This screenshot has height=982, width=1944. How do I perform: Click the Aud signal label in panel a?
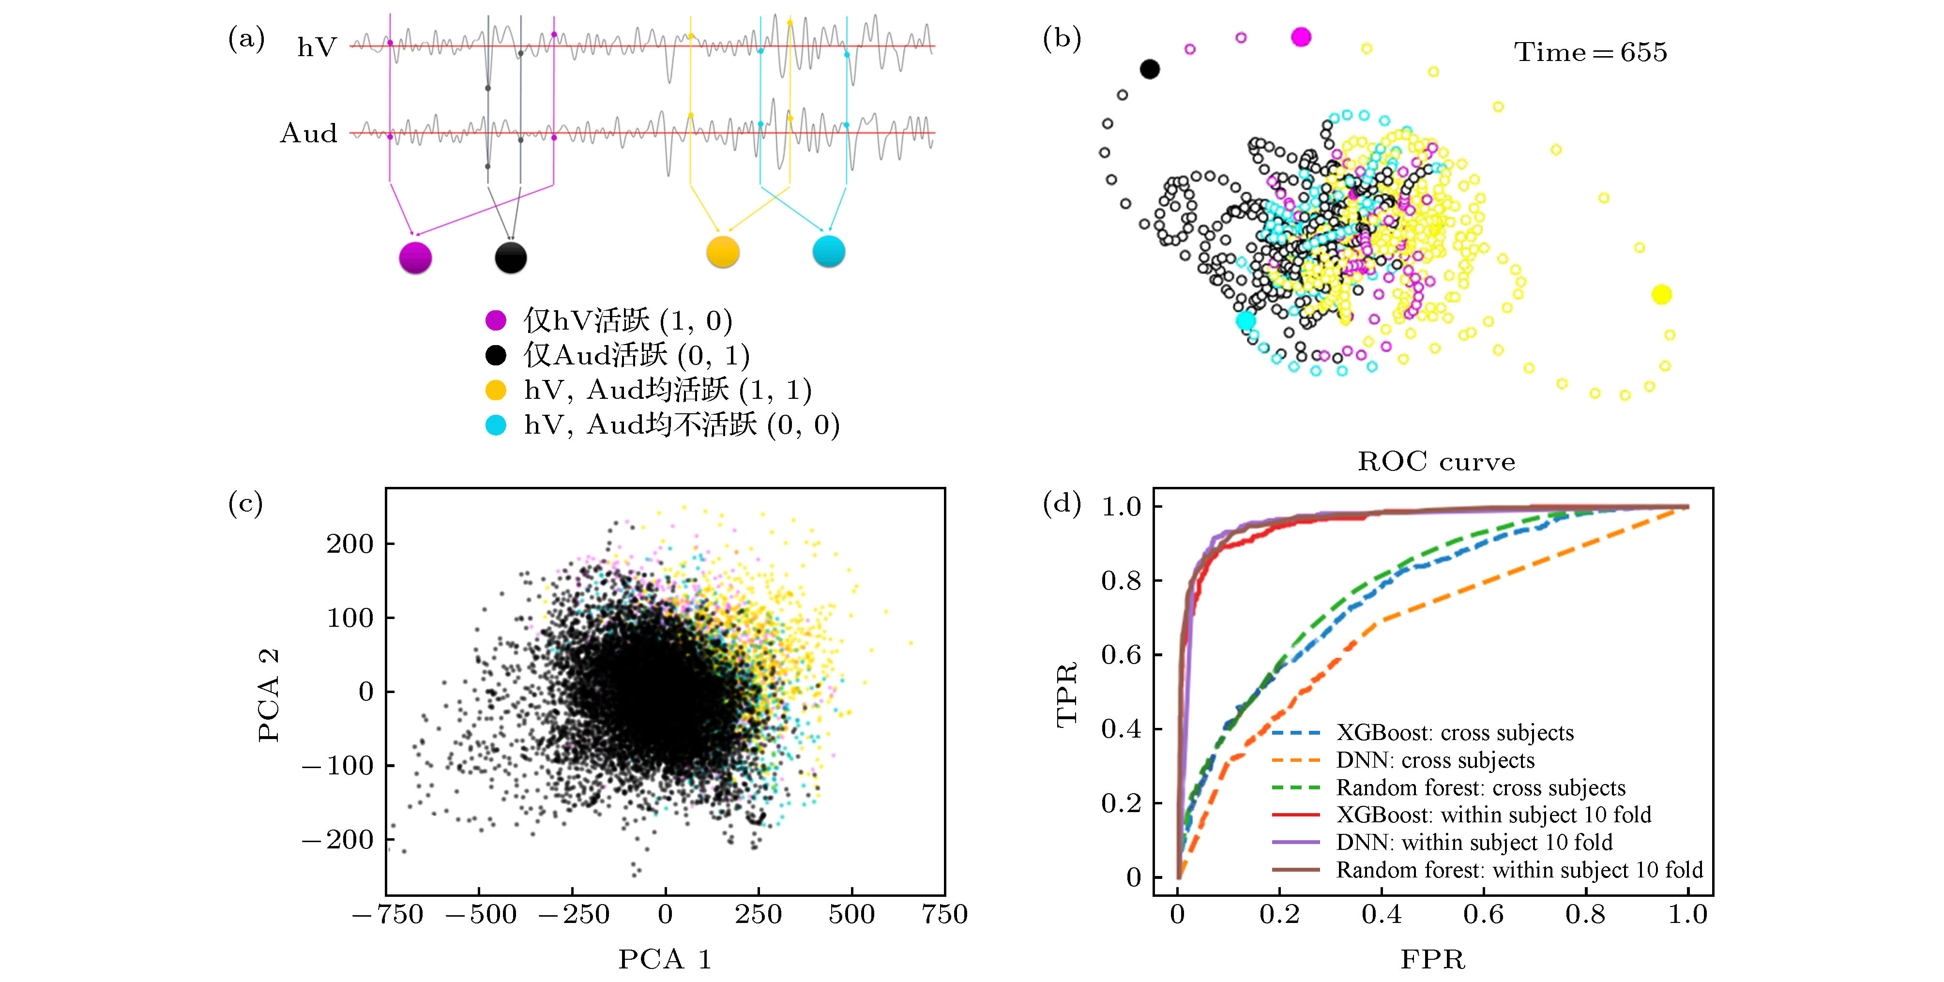[x=309, y=134]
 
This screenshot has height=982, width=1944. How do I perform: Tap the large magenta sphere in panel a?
[x=415, y=257]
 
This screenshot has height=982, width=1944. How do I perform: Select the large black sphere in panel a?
[x=511, y=257]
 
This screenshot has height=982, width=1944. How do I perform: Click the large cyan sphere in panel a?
[x=829, y=251]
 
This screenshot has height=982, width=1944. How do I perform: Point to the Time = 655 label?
[x=1590, y=52]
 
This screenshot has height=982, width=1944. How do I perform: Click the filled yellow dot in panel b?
[x=1661, y=294]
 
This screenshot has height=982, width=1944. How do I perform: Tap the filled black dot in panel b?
[x=1149, y=69]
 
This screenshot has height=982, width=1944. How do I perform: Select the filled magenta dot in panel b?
[x=1301, y=37]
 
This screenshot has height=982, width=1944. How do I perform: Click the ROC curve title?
[x=1436, y=461]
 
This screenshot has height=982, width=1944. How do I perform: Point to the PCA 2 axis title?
[x=269, y=695]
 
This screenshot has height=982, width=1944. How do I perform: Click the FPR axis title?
[x=1432, y=959]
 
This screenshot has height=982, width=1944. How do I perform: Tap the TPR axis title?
[x=1066, y=695]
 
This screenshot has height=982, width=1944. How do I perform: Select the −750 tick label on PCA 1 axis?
[x=388, y=915]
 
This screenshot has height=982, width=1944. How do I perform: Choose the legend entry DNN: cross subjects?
[x=1435, y=760]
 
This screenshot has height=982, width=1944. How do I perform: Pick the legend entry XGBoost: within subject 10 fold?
[x=1493, y=815]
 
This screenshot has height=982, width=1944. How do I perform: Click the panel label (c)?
[x=245, y=503]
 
